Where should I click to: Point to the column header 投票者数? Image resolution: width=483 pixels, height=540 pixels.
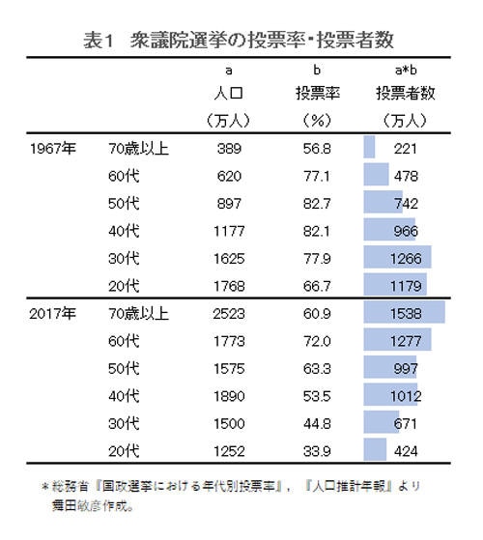(406, 95)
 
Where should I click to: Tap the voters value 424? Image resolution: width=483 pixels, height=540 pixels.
(406, 451)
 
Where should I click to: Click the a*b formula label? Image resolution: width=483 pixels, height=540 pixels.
(406, 71)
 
